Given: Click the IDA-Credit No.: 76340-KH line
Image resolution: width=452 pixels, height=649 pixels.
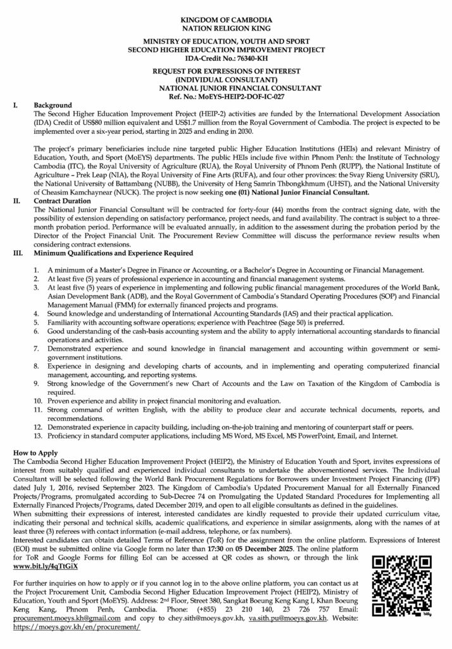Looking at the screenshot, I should point(226,57).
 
